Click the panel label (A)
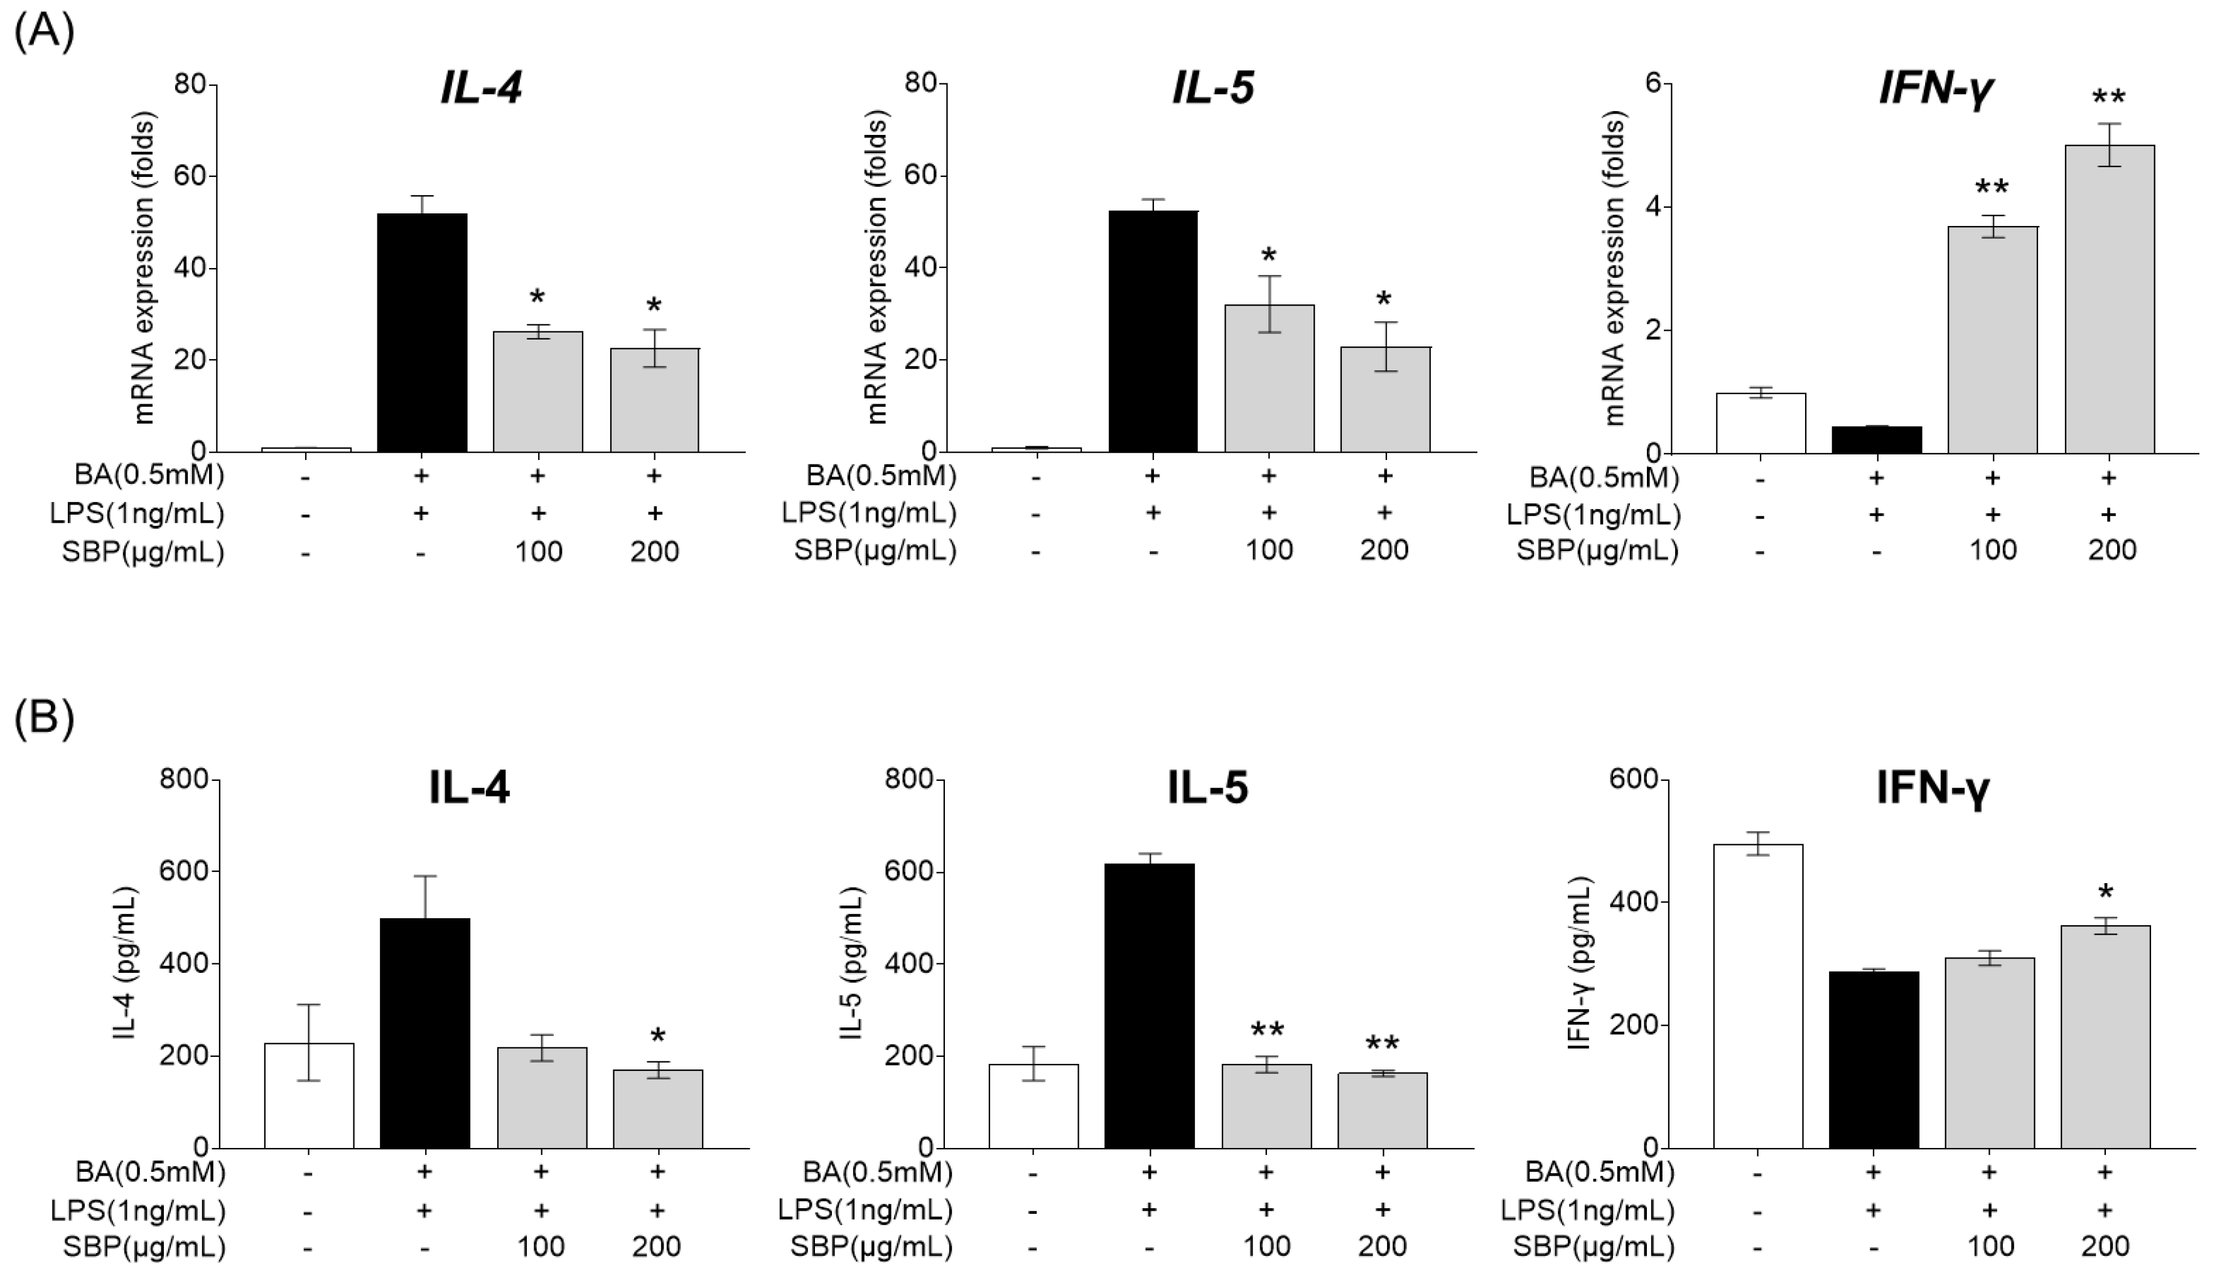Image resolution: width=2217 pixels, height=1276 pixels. click(45, 33)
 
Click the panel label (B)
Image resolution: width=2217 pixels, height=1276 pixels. click(45, 717)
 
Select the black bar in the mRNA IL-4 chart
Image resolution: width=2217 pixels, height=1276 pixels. click(422, 333)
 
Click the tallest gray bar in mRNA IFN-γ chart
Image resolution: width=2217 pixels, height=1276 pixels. click(2109, 298)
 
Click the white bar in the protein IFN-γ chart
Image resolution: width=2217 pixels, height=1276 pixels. click(1757, 995)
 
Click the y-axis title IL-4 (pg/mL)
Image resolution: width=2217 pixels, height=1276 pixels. click(126, 963)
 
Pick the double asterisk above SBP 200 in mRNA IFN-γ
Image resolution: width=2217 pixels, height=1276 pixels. click(2108, 97)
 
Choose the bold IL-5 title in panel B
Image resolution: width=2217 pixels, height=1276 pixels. click(1207, 787)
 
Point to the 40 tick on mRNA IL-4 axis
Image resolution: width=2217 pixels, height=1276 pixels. click(193, 267)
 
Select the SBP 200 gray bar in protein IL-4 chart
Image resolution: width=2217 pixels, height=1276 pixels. click(657, 1108)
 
